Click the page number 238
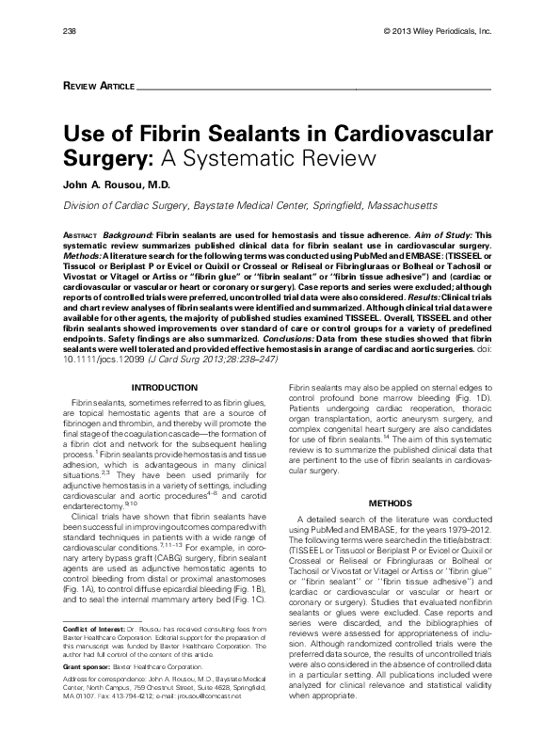69,32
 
